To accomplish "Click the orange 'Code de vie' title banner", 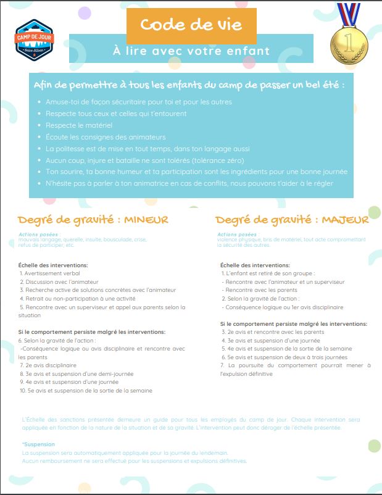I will point(191,25).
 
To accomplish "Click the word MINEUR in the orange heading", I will point(146,220).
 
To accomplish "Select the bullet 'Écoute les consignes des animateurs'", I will point(106,136).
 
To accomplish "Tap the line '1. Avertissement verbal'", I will point(50,273).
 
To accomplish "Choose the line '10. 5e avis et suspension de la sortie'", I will point(86,390).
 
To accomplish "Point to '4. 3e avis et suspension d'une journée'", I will point(271,340).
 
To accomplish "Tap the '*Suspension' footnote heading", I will point(38,444).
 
